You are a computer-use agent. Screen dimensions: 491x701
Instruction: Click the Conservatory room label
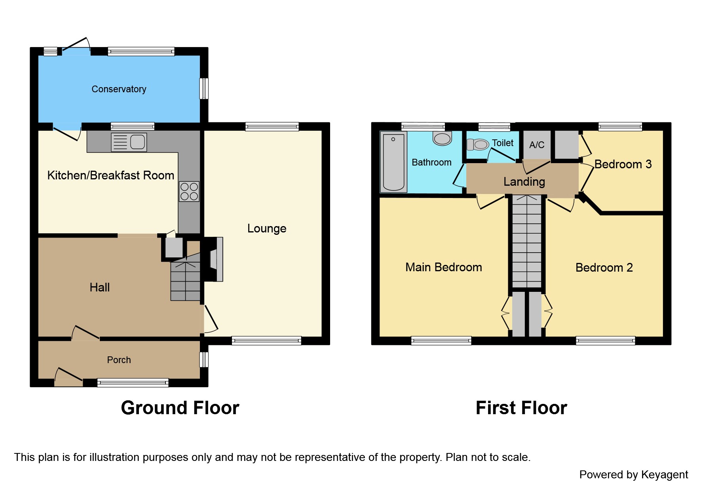click(x=119, y=89)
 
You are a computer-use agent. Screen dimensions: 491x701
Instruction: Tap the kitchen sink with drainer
click(x=129, y=142)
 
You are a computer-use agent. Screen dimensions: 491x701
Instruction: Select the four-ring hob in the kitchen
click(x=189, y=191)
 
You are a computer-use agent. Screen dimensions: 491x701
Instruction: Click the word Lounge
click(x=266, y=228)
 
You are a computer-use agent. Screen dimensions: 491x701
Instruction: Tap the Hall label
click(x=99, y=287)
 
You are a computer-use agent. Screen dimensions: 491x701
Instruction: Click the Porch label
click(x=119, y=360)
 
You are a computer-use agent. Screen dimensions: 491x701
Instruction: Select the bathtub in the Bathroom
click(x=393, y=162)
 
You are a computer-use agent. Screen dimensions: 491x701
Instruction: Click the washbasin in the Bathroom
click(x=442, y=138)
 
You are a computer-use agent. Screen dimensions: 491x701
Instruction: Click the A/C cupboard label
click(x=537, y=145)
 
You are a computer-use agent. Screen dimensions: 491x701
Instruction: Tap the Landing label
click(x=524, y=182)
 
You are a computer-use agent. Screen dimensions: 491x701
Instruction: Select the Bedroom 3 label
click(x=623, y=164)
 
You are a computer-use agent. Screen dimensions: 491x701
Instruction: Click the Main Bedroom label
click(x=443, y=267)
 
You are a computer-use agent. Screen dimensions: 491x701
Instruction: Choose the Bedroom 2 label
click(x=604, y=268)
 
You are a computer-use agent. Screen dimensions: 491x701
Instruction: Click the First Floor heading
click(x=521, y=408)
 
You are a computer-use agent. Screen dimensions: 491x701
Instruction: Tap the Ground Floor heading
click(x=180, y=408)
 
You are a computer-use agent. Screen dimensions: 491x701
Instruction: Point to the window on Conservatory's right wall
click(x=204, y=88)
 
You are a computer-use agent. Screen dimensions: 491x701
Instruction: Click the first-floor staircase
click(x=526, y=242)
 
